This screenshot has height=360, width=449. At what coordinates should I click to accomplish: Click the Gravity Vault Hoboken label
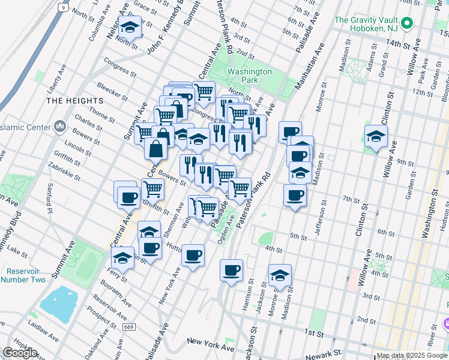(366, 24)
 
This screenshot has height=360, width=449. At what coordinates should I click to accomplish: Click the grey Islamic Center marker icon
(60, 127)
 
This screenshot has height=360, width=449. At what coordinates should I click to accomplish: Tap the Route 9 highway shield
(63, 7)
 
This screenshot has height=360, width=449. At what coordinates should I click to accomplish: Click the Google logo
(20, 353)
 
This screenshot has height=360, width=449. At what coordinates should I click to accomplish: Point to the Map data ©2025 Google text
(412, 355)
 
